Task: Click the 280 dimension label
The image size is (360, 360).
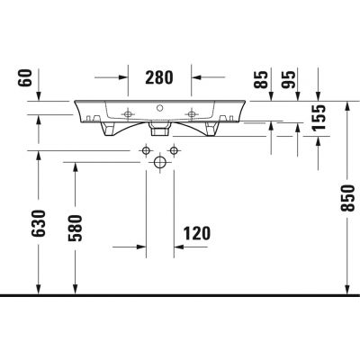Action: click(159, 77)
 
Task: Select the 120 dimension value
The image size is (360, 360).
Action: click(197, 233)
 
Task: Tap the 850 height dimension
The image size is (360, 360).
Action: click(348, 198)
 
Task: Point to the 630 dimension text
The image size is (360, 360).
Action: click(40, 223)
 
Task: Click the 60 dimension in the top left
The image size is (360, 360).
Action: click(25, 78)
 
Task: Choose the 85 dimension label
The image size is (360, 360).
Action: click(260, 79)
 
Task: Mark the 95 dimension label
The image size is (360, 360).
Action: click(288, 79)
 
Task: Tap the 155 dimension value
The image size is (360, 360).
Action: click(319, 118)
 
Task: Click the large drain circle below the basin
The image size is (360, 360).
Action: click(160, 162)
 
